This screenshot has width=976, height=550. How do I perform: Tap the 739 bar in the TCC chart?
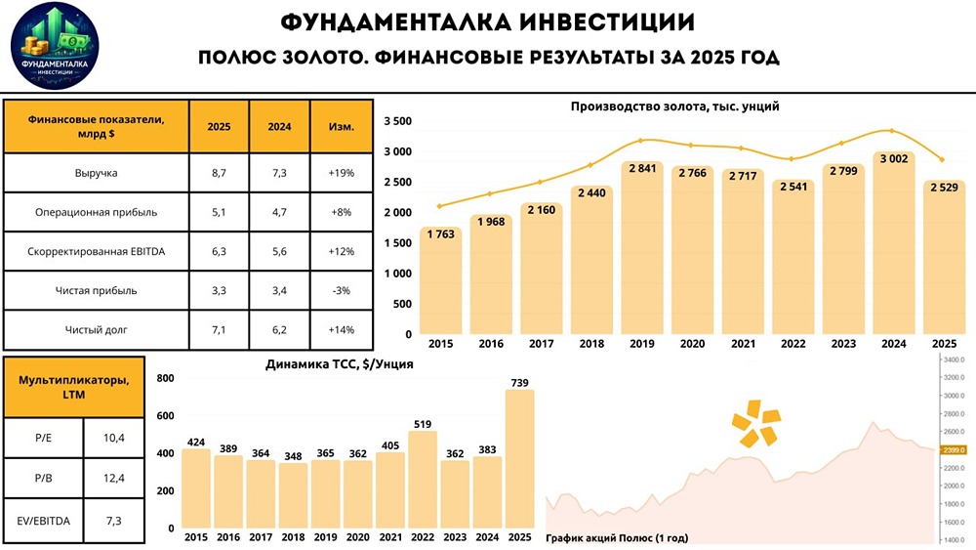(520, 459)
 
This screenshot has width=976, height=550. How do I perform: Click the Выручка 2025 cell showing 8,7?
(219, 173)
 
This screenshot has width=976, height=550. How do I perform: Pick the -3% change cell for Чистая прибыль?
(342, 290)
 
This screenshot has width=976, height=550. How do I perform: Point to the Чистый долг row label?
(97, 329)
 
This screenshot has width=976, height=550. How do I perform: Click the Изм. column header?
(342, 126)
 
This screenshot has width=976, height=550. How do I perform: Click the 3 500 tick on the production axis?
(397, 121)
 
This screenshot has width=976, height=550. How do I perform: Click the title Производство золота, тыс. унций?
(674, 106)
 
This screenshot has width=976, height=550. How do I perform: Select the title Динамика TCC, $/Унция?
(339, 364)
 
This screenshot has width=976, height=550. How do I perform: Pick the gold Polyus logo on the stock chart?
(757, 421)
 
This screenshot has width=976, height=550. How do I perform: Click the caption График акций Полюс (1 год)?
(616, 537)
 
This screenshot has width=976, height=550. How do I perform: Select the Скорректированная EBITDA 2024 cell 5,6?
(279, 251)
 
